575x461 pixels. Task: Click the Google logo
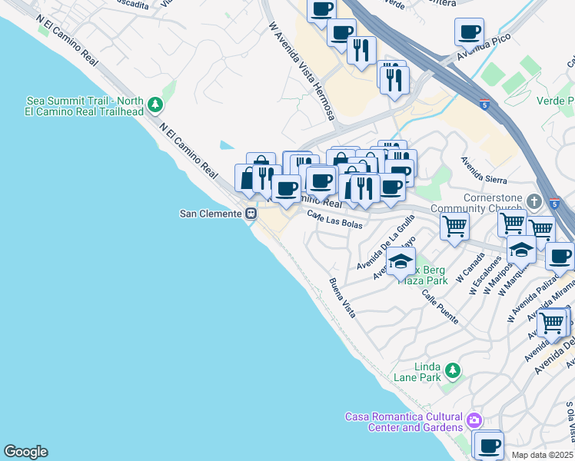(25, 452)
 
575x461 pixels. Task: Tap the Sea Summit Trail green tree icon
(156, 104)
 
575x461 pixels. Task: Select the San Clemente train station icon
(251, 214)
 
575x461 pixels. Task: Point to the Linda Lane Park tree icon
(454, 372)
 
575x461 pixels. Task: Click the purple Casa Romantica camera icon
(474, 420)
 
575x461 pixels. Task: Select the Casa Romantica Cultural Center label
(404, 421)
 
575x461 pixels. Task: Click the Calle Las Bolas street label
(334, 219)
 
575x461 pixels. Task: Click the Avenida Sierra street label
(484, 170)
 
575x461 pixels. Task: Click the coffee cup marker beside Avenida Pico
(469, 32)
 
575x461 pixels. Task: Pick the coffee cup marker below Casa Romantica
(488, 444)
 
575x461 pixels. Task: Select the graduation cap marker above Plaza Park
(400, 261)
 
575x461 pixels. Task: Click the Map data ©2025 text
(543, 455)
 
